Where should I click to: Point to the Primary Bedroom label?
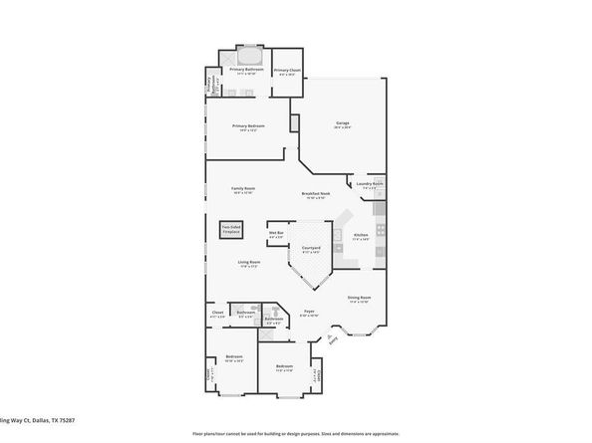point(246,126)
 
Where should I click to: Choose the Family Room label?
point(244,191)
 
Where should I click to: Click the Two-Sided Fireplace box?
point(229,230)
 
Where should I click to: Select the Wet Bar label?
point(276,235)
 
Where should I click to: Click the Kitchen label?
point(361,237)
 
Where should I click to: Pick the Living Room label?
point(248,264)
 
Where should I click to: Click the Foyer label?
point(310,314)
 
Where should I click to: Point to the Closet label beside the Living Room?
point(217,314)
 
